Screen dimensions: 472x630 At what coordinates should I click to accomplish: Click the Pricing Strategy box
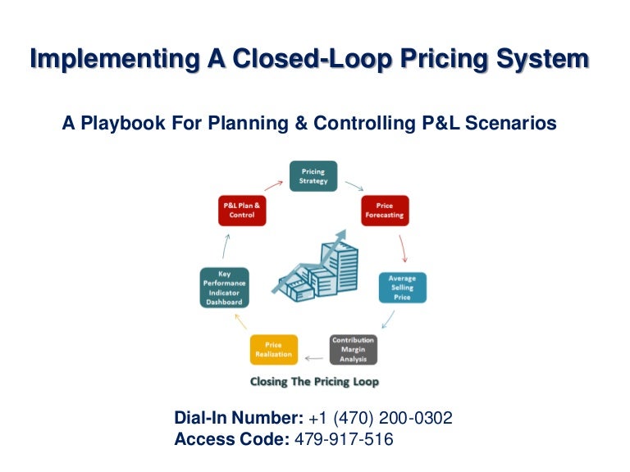[313, 176]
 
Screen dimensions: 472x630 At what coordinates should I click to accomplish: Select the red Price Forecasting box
[385, 211]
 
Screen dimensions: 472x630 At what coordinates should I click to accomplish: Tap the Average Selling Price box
[402, 288]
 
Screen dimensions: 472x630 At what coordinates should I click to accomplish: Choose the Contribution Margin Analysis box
[353, 349]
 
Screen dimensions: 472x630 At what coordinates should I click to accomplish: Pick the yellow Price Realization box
[273, 349]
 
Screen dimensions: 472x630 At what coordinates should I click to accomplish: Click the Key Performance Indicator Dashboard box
[224, 288]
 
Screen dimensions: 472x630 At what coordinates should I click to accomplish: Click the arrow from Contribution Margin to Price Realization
[313, 357]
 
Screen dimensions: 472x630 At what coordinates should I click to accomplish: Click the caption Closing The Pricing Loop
[314, 382]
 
